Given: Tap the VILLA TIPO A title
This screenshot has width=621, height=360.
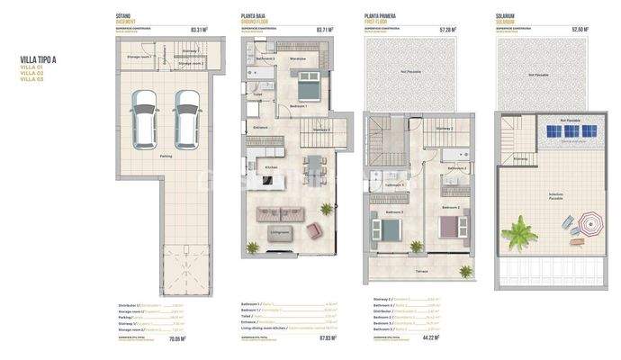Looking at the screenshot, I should [38, 59].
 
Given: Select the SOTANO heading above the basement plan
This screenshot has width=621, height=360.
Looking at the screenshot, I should [125, 15].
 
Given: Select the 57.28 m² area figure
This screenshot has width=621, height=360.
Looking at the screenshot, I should [447, 30].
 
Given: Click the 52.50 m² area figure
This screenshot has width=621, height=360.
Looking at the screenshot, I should [579, 30].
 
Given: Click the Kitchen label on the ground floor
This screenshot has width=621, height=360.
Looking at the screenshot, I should [270, 168].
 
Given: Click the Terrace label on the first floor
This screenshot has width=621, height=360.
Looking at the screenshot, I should [420, 270].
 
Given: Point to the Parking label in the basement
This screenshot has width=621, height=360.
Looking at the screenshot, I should [166, 157].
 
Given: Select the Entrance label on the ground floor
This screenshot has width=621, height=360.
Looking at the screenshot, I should [261, 128].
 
